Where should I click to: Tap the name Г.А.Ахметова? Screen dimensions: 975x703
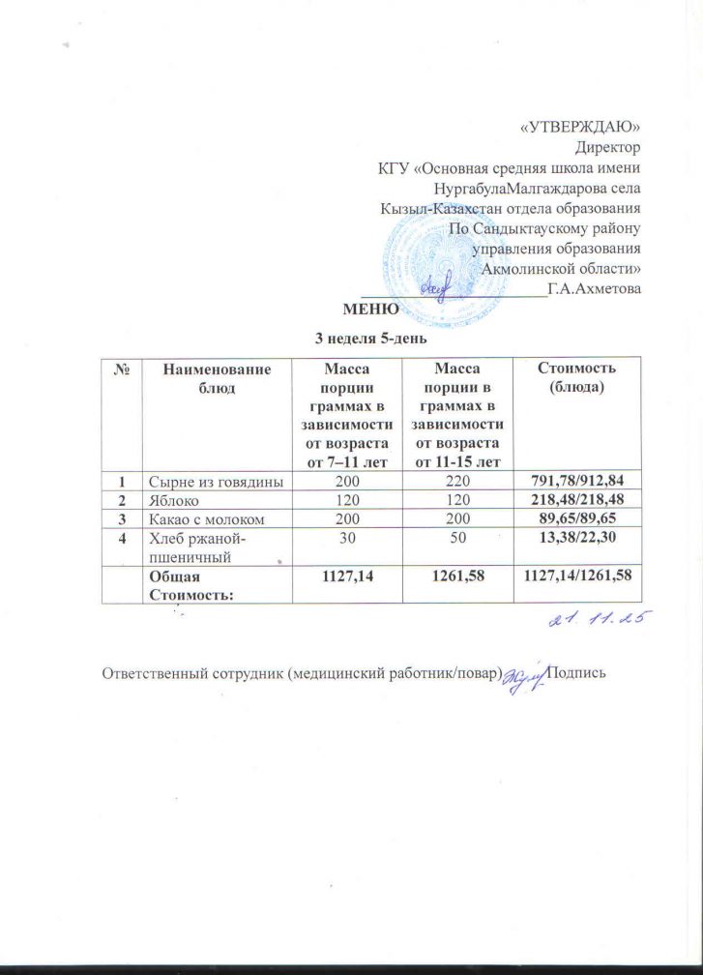pos(594,288)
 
